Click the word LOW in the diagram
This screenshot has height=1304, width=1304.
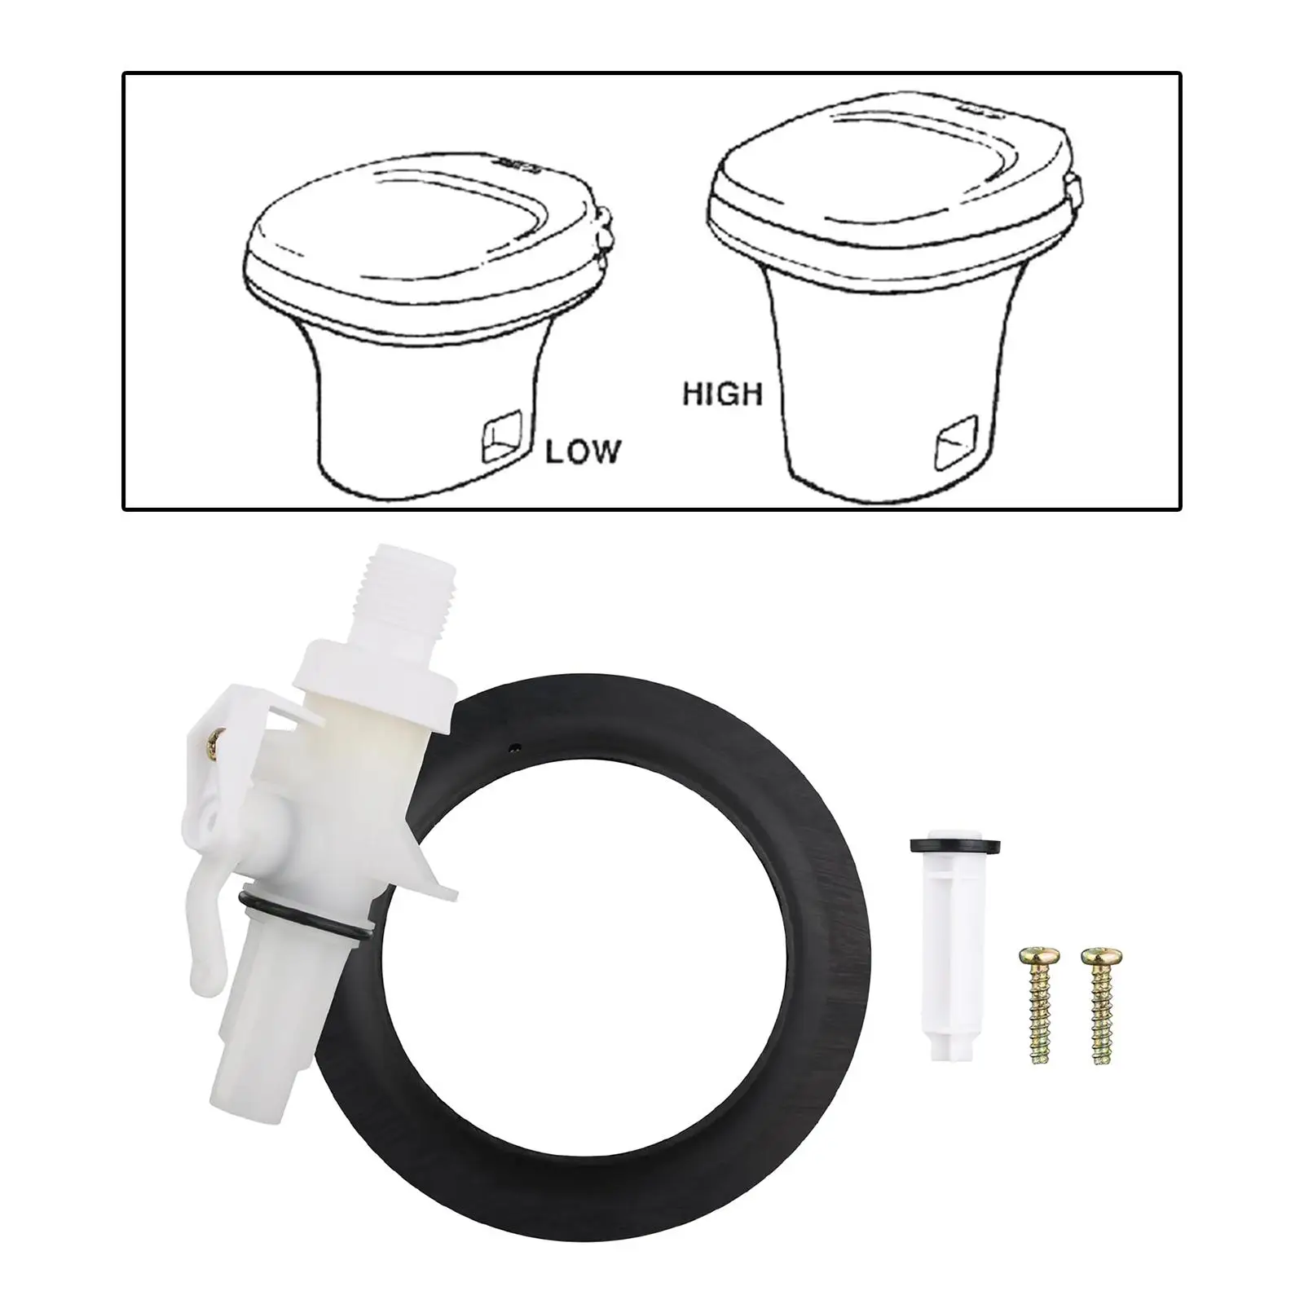coord(582,451)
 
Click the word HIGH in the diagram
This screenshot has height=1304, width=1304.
coord(722,394)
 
